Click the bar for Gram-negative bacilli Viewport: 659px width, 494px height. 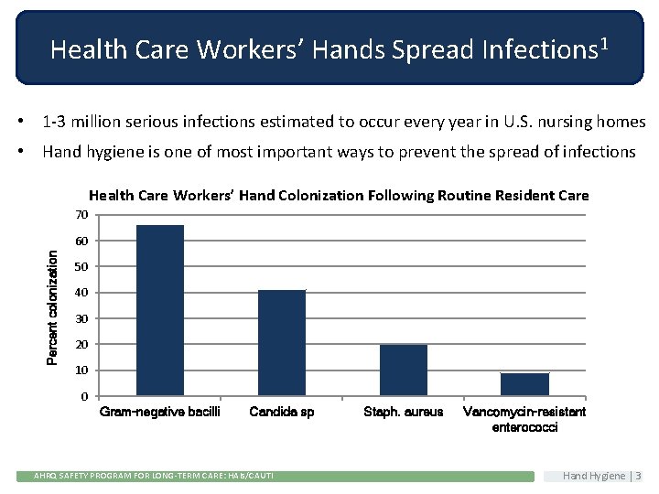(x=160, y=310)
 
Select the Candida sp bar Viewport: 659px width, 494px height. (x=282, y=343)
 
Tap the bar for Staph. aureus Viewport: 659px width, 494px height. (x=404, y=370)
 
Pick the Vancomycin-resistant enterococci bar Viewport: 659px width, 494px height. (x=524, y=384)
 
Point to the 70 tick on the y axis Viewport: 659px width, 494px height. (x=81, y=215)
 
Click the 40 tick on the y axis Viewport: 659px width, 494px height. (x=81, y=293)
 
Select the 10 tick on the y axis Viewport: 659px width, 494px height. (x=81, y=370)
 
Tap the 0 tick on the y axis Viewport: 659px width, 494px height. (x=84, y=396)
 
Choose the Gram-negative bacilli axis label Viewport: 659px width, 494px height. (x=160, y=413)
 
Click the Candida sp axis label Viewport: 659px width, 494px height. (x=282, y=413)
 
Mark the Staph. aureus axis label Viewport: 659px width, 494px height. (x=404, y=413)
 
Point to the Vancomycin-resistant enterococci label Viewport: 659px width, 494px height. (x=524, y=420)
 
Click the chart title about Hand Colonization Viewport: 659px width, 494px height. (x=339, y=195)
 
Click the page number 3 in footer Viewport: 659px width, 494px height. (x=638, y=476)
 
